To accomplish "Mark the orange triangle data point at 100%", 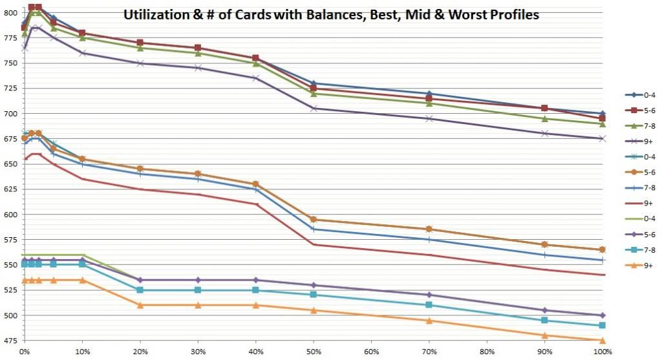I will pos(603,341).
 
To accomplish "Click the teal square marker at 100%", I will pos(603,326).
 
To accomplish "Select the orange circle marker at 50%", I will pos(314,220).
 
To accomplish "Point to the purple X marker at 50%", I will pos(314,108).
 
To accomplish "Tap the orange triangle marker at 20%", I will pos(140,305).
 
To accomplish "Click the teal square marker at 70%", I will pos(429,305).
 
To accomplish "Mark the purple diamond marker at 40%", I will pos(255,280).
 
